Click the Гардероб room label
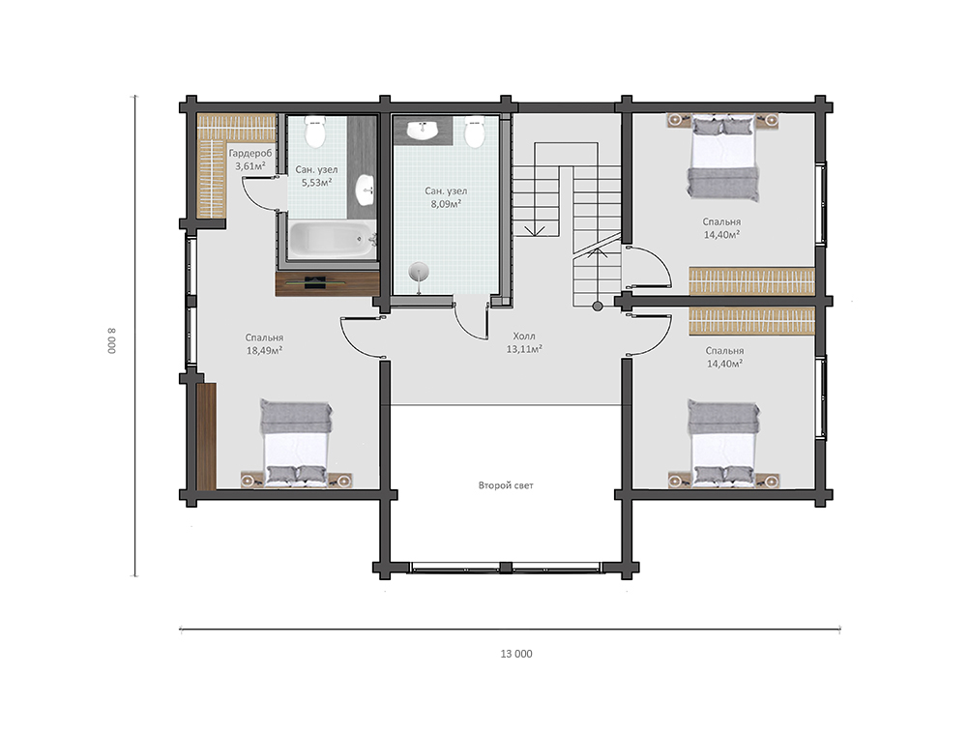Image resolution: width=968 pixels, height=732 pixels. (x=250, y=153)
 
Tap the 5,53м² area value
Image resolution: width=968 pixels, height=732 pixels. (x=316, y=182)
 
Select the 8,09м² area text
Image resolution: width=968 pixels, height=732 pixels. (x=446, y=204)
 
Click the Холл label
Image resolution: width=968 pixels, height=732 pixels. (x=524, y=336)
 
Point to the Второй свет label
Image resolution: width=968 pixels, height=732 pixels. (x=506, y=485)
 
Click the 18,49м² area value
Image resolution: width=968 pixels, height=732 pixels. (x=264, y=351)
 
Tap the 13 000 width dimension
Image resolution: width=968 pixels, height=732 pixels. (x=516, y=654)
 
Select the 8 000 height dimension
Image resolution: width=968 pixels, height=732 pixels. (x=112, y=340)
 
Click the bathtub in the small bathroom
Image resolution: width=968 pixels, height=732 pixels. (x=333, y=240)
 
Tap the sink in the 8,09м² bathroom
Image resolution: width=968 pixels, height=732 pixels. (x=423, y=130)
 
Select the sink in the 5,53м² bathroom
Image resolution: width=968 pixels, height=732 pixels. (x=366, y=190)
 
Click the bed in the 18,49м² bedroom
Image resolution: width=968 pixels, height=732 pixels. (x=295, y=443)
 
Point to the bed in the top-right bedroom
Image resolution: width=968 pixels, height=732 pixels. (x=723, y=159)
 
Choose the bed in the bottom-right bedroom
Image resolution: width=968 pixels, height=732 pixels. (x=723, y=443)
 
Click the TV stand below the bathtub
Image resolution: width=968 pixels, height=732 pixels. (x=327, y=283)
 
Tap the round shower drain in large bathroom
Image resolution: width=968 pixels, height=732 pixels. (x=419, y=272)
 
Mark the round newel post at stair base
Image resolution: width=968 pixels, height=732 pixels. (x=597, y=307)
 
